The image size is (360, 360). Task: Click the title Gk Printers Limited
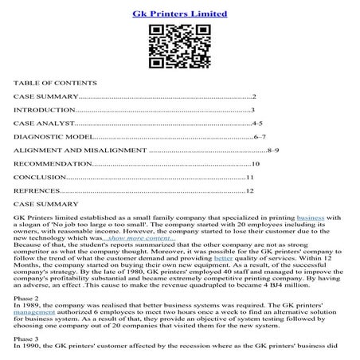(179, 14)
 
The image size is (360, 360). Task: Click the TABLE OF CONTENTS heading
(55, 82)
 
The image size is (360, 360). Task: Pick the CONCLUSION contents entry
(41, 178)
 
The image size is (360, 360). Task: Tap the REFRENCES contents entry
(37, 191)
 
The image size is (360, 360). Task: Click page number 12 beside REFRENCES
(249, 191)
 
